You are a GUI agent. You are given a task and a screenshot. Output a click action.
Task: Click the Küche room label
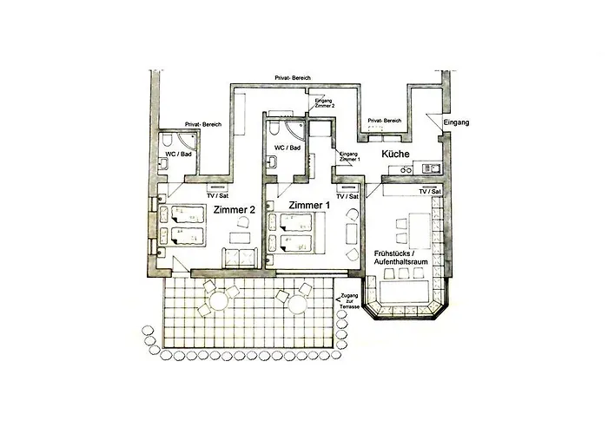coord(395,154)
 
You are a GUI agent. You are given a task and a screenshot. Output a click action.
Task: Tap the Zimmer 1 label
coord(309,205)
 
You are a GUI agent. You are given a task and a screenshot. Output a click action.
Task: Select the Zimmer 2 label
coord(235,210)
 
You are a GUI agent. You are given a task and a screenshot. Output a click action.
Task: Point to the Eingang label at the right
coord(456,122)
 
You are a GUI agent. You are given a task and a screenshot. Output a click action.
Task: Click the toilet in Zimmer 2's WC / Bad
coord(168,140)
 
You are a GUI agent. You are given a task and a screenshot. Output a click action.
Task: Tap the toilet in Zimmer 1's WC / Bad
coord(274,128)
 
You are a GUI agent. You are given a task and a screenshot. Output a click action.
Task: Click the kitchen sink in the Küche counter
coord(431,168)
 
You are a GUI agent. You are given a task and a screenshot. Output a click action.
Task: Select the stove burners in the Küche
coord(406,169)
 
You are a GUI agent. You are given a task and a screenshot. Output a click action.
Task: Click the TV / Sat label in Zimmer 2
coord(217,195)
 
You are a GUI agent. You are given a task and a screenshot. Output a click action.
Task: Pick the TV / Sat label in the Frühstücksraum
coord(430,192)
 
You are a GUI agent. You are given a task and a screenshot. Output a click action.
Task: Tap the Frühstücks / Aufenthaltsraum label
coord(401,258)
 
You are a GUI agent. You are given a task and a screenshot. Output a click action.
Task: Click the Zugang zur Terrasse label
coord(349,301)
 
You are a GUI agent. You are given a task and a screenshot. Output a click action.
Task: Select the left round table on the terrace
coord(219,301)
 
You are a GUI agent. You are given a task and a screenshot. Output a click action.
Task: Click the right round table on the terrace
coord(298,304)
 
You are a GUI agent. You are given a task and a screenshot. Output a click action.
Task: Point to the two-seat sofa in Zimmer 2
coord(240,258)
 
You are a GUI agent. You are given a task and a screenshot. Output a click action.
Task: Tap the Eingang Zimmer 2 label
coord(324,103)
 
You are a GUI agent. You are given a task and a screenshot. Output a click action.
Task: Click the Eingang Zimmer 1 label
coord(349,156)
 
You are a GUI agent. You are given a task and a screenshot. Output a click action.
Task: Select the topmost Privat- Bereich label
coord(293,78)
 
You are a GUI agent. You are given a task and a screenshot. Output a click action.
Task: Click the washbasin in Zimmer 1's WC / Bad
coord(272,161)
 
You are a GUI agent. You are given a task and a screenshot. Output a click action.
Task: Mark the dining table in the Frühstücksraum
coord(420,231)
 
